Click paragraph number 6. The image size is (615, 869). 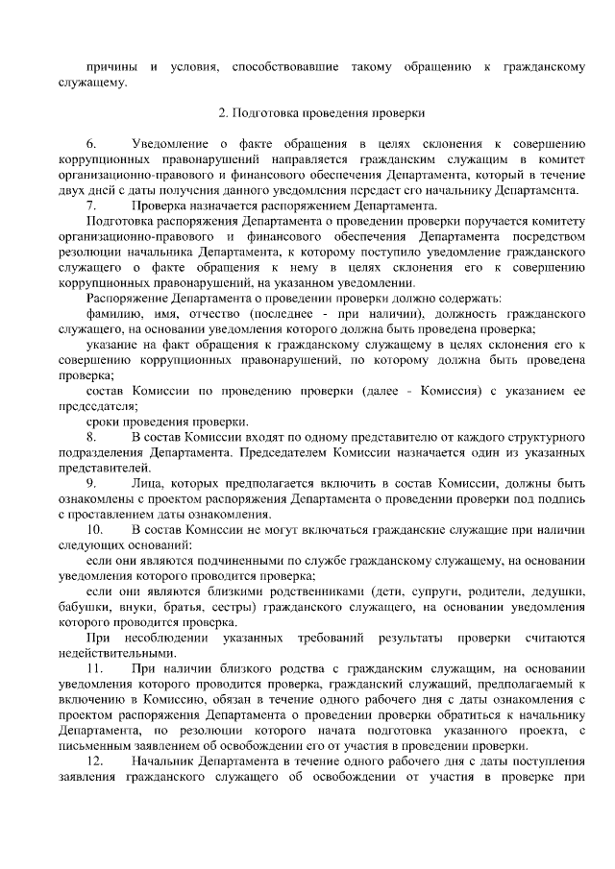91,142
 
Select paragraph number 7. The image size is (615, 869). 91,205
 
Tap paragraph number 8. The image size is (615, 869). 91,438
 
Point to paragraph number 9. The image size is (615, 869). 91,484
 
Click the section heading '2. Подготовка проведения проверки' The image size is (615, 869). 321,112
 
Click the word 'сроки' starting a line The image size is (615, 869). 103,422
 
